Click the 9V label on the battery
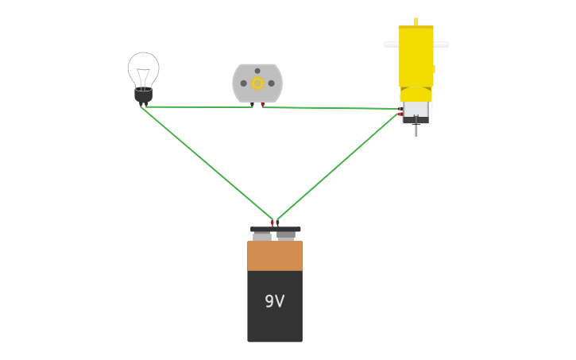click(x=274, y=301)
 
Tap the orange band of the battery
click(x=274, y=255)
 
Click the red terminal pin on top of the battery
click(x=273, y=223)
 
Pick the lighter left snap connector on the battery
click(x=261, y=236)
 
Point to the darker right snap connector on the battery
click(x=286, y=235)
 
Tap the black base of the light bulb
click(x=143, y=95)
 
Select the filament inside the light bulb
click(x=143, y=78)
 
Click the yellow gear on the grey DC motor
click(x=257, y=83)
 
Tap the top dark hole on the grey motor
click(x=257, y=71)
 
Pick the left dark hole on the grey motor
click(x=244, y=83)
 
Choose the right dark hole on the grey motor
click(x=271, y=83)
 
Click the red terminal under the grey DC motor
click(x=263, y=105)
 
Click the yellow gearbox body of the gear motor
click(x=416, y=56)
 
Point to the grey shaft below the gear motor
click(x=416, y=130)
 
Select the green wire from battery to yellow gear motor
click(x=338, y=166)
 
